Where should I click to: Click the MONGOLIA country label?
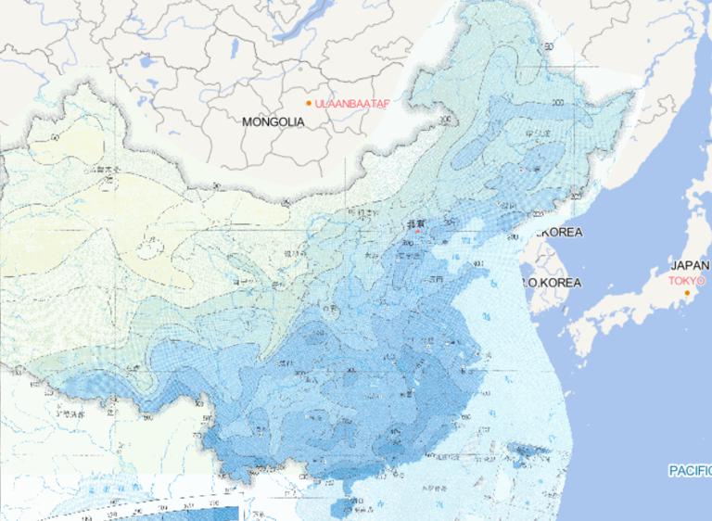[x=273, y=121]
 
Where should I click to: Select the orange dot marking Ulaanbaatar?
[x=309, y=103]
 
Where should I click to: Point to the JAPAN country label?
[x=691, y=265]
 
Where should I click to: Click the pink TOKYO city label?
[x=687, y=280]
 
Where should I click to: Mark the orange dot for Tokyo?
[x=687, y=293]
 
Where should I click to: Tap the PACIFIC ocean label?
[x=690, y=471]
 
